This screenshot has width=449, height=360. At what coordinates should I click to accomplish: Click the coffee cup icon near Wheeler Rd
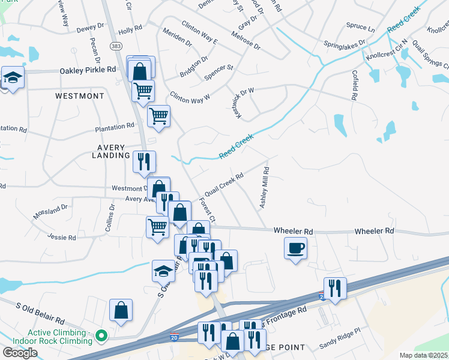click(295, 248)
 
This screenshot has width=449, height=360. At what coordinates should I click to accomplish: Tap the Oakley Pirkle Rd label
click(88, 70)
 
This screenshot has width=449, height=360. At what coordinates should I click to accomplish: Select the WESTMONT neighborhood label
click(79, 96)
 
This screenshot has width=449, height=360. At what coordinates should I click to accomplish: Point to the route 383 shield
click(116, 46)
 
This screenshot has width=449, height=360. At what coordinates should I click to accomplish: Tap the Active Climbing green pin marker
click(101, 335)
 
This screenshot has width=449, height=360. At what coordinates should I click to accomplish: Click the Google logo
click(20, 353)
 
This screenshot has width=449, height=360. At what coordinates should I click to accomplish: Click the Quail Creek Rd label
click(223, 184)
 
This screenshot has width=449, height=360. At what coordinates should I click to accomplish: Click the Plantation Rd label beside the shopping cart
click(114, 127)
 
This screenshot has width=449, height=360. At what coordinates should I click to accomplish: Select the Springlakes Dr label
click(344, 45)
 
